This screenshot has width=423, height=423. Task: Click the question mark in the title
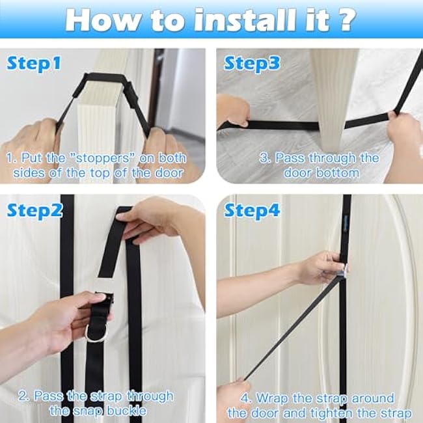coord(346,20)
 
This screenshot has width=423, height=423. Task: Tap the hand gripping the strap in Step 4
coord(321,267)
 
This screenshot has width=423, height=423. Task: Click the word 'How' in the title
coord(102,20)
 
